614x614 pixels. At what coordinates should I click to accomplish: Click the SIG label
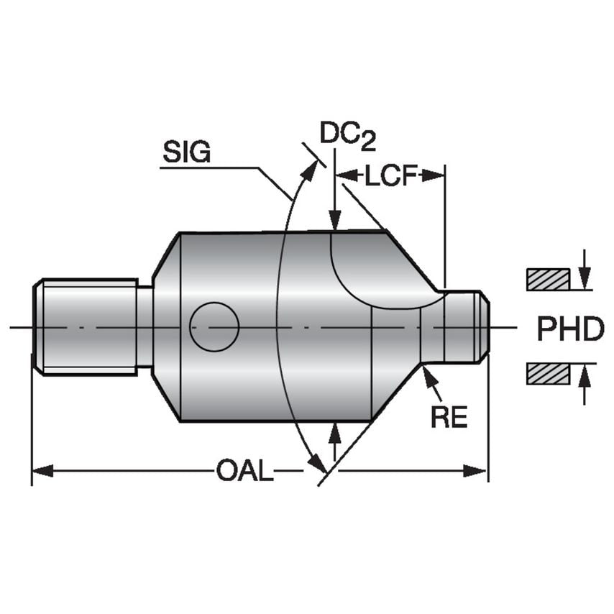coord(186,152)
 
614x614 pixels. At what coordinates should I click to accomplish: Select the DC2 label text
coord(348,134)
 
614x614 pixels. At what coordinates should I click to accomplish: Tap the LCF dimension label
coord(391,175)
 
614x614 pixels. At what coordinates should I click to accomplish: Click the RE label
coord(449,417)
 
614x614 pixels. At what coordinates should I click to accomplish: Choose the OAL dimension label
coord(244,472)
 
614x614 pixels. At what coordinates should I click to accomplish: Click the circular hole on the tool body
coord(214,327)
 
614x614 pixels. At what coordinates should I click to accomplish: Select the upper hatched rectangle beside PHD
coord(548,279)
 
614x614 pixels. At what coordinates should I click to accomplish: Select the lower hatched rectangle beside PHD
coord(548,374)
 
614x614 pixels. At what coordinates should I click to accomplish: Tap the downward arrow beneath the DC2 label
coord(334,219)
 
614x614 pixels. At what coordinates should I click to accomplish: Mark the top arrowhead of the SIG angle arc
coord(311,168)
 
